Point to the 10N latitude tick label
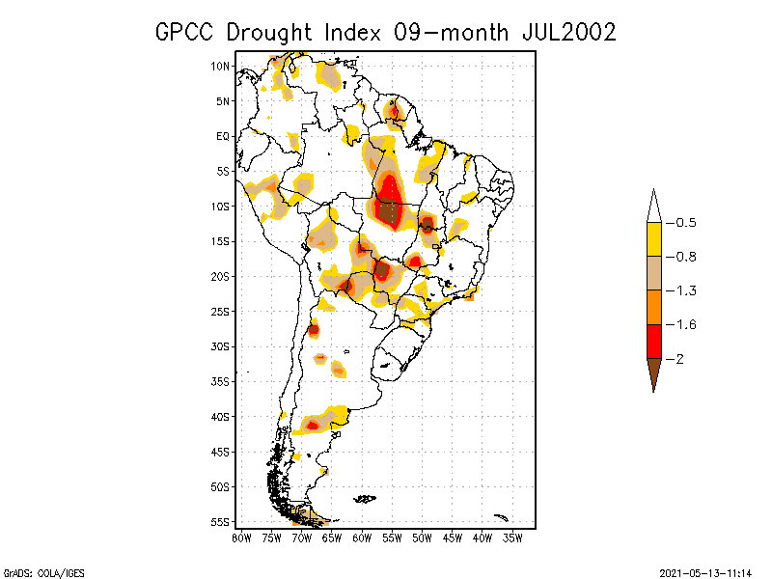point(221,66)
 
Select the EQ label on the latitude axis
point(223,136)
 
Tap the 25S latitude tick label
point(221,311)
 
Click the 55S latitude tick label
point(221,521)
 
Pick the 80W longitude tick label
point(240,538)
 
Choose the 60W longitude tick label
point(361,538)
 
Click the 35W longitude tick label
point(512,538)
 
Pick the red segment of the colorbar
point(653,341)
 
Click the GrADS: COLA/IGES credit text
point(43,572)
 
